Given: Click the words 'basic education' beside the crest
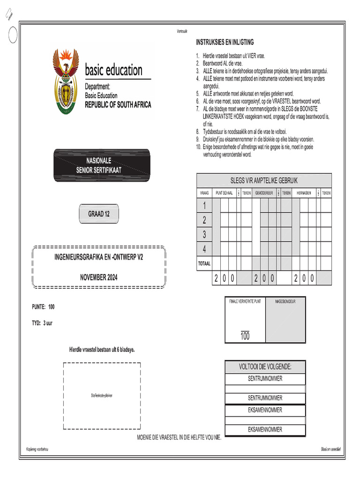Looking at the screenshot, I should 113,71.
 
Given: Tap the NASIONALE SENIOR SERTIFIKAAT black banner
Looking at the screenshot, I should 102,165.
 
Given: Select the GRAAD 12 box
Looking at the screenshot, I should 99,214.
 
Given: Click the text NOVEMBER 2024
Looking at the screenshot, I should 98,277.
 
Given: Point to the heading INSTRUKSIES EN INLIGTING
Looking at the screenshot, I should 225,42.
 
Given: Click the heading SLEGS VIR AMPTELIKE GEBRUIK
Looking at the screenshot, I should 263,180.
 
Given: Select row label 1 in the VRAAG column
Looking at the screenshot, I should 204,205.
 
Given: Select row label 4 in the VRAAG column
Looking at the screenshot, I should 204,248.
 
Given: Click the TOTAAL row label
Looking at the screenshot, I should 204,263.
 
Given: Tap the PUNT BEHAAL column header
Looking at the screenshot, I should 224,193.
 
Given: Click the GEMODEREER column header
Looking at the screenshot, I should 264,193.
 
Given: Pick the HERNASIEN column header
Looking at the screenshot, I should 304,193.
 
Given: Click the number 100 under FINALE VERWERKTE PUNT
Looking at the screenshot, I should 245,337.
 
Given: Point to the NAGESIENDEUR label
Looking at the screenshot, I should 285,301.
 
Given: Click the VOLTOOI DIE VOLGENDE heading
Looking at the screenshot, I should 265,367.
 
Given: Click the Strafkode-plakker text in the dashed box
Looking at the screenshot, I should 102,396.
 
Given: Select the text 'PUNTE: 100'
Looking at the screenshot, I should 43,307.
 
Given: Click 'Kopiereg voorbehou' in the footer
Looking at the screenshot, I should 37,450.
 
